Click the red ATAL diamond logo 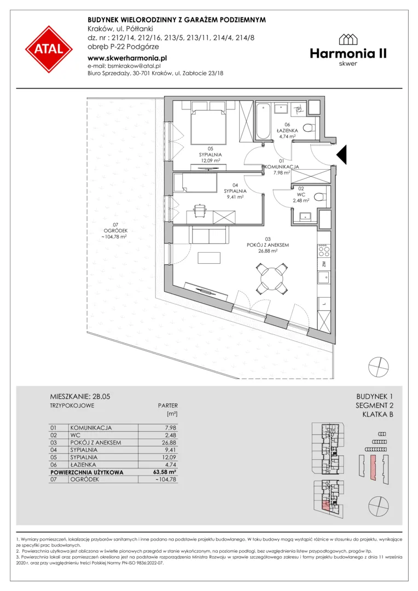(x=49, y=49)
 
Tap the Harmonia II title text (x=349, y=54)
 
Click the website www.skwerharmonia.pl (x=127, y=58)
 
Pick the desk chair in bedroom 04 (x=200, y=208)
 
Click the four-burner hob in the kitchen (x=324, y=249)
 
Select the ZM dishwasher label (x=324, y=264)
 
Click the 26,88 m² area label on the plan (x=268, y=251)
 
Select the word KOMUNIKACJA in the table (x=91, y=428)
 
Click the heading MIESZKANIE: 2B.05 (x=80, y=397)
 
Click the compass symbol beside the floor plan (x=379, y=366)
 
